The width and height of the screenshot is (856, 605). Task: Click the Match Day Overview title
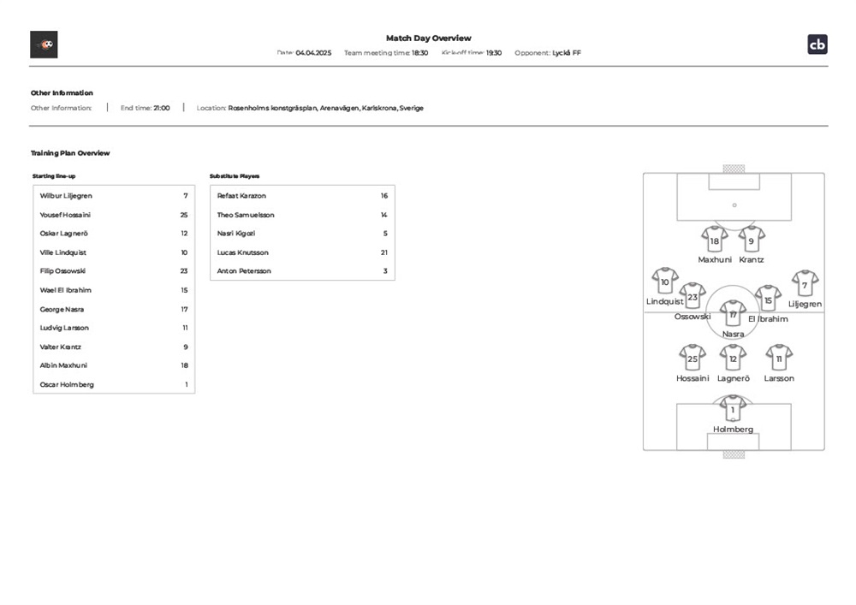(428, 38)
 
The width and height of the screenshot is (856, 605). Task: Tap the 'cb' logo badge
(817, 44)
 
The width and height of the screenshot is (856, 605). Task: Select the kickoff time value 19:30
(494, 53)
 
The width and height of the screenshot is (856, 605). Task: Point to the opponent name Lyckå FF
(567, 53)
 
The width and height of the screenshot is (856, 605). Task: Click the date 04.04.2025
(313, 53)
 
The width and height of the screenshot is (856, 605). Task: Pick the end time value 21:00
(162, 108)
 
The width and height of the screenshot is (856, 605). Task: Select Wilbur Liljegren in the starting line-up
(66, 196)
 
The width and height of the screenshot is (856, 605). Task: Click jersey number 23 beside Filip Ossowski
(183, 271)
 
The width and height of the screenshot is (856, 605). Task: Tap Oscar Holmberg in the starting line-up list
(67, 384)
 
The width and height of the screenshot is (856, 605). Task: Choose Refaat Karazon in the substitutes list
(241, 196)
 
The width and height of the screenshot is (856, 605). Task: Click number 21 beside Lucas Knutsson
(384, 252)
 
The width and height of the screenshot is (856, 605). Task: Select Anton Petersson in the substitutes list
(244, 271)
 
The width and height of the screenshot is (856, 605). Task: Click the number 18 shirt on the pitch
(714, 240)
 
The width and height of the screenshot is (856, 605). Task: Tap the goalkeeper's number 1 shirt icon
(733, 408)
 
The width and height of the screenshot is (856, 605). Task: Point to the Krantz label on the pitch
(752, 259)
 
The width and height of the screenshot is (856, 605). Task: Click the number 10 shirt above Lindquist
(665, 281)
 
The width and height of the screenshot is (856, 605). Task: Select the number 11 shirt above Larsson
(779, 357)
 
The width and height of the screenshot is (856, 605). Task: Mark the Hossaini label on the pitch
(693, 378)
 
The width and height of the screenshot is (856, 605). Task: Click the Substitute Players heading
(235, 176)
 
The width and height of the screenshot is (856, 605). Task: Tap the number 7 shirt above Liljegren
(805, 283)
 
